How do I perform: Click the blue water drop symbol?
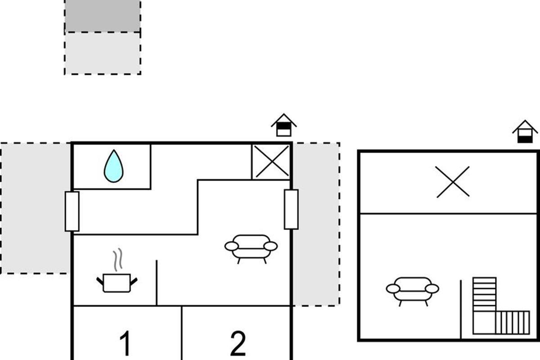(113, 166)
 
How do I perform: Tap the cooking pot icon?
(117, 283)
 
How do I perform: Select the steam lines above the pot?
(118, 260)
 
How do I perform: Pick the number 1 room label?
(126, 343)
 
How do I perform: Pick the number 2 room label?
(238, 343)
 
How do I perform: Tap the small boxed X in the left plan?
(271, 162)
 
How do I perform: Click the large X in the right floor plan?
(453, 182)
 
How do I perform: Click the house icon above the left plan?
(284, 125)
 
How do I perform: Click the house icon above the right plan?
(525, 132)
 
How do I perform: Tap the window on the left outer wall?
(72, 211)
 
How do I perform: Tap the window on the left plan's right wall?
(291, 209)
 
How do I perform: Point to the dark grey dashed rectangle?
(103, 16)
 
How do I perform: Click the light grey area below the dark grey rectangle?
(103, 53)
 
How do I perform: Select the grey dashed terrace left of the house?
(36, 208)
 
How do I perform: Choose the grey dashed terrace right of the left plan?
(316, 224)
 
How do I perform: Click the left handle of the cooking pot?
(100, 281)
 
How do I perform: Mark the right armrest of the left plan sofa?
(270, 246)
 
